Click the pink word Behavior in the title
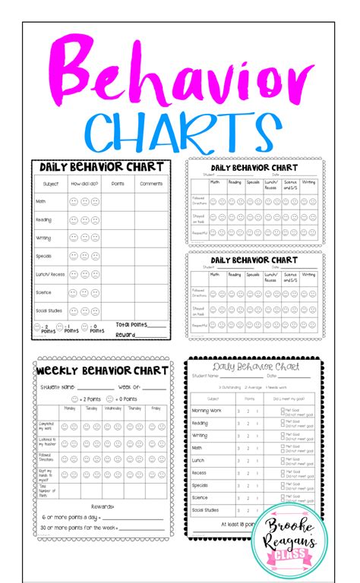180,77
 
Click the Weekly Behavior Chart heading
102,370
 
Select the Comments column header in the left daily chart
151,183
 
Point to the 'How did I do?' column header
84,183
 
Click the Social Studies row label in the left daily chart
51,310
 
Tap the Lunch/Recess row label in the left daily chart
50,273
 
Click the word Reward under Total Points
125,333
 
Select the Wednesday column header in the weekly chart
112,408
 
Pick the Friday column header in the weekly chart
156,408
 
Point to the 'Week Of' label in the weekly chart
127,386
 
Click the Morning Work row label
207,410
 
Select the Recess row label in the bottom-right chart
200,472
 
